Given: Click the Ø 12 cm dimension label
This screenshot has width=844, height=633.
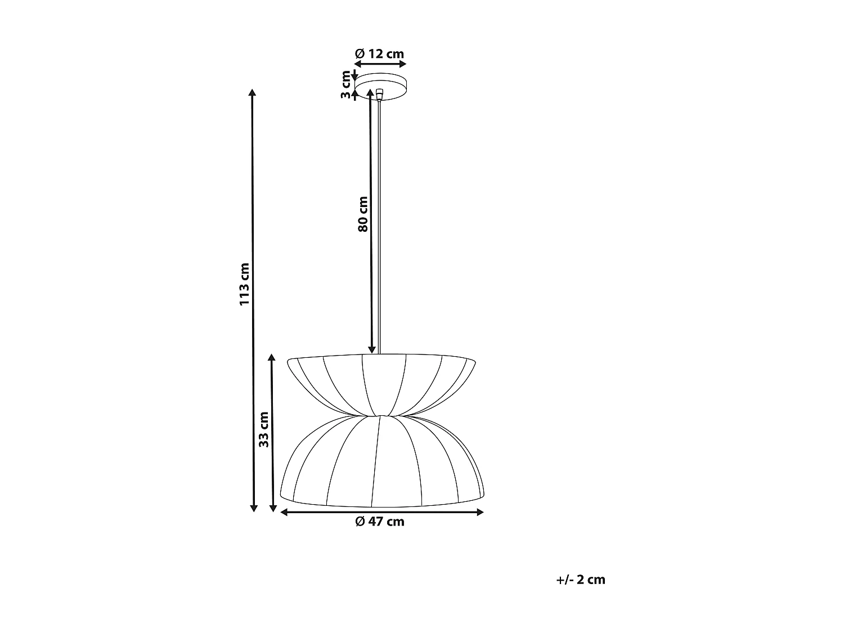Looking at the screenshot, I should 380,54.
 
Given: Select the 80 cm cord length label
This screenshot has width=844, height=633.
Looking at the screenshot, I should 363,214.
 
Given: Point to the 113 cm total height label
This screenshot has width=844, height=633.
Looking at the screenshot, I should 244,284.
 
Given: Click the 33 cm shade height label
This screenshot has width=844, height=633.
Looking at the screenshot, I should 263,429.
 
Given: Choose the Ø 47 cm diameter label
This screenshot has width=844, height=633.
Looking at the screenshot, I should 380,522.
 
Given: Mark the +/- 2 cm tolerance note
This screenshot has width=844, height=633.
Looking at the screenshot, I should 581,580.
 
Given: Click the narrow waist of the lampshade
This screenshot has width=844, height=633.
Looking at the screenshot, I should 381,415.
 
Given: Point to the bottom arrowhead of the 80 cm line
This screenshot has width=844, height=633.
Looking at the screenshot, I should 371,349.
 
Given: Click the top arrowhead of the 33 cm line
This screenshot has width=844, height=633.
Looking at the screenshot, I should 272,358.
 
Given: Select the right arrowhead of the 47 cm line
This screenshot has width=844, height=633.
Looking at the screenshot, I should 480,512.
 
